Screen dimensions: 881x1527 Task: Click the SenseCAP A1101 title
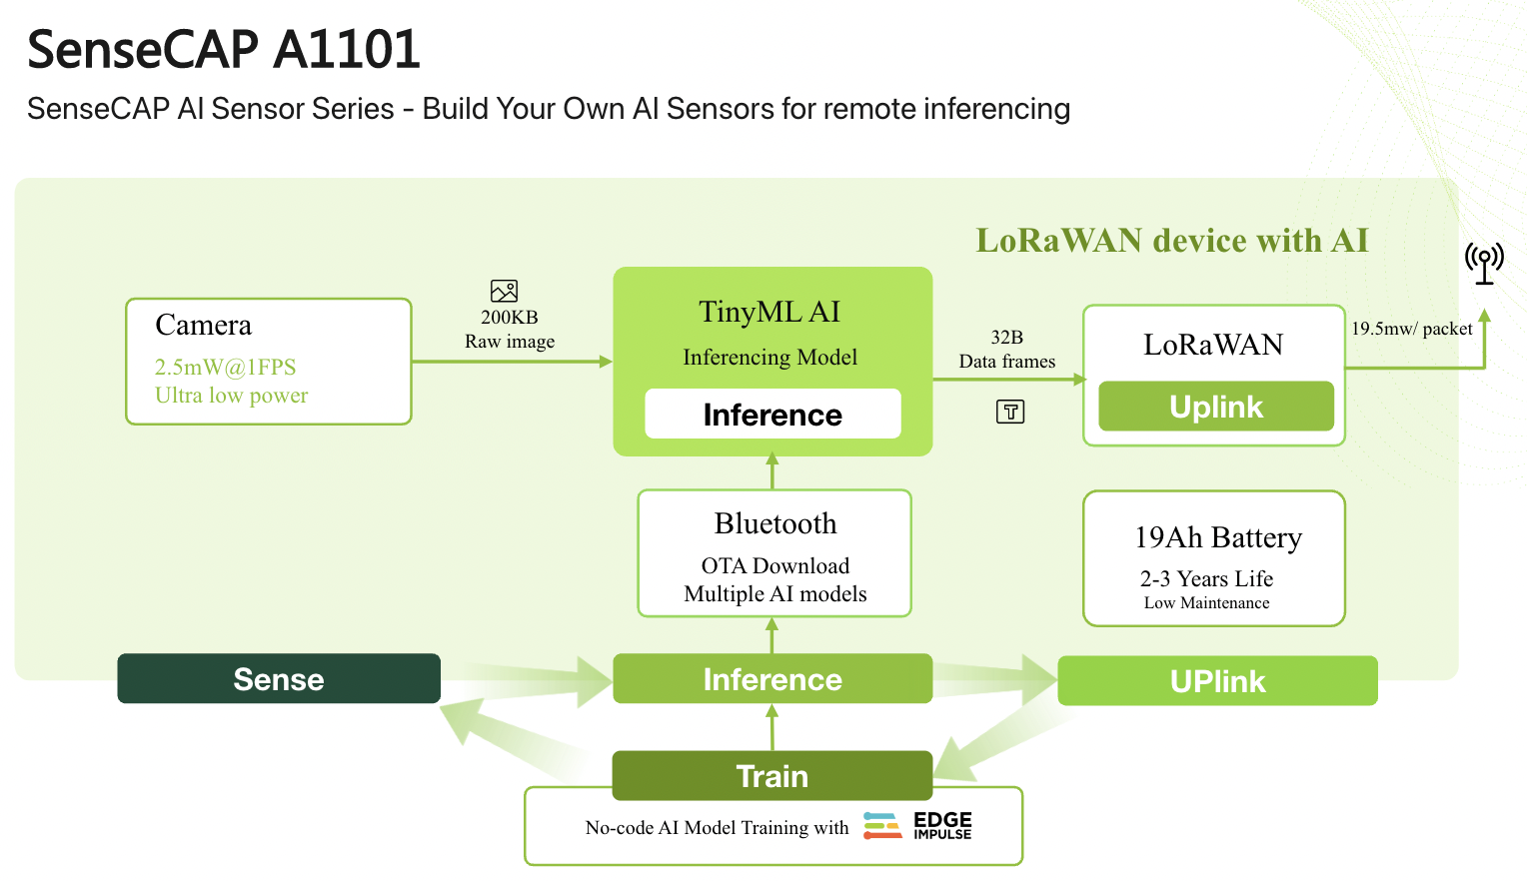pyautogui.click(x=224, y=50)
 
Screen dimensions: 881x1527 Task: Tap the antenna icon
pyautogui.click(x=1484, y=263)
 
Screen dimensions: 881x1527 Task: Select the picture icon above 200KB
pyautogui.click(x=504, y=291)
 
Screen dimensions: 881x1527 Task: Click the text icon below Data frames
pyautogui.click(x=1010, y=412)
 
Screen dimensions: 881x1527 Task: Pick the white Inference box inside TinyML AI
pyautogui.click(x=772, y=414)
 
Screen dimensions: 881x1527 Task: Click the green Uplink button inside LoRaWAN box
pyautogui.click(x=1216, y=407)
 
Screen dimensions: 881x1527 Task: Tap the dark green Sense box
pyautogui.click(x=279, y=679)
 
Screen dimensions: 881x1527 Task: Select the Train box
pyautogui.click(x=772, y=776)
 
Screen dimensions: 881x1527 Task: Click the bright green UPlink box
pyautogui.click(x=1217, y=681)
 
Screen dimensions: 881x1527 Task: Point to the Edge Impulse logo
pyautogui.click(x=917, y=826)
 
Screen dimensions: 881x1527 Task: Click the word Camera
pyautogui.click(x=204, y=325)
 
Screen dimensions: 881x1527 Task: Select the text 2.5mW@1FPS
pyautogui.click(x=225, y=367)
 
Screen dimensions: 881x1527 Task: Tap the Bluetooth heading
pyautogui.click(x=775, y=523)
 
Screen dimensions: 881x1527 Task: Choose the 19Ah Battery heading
pyautogui.click(x=1218, y=537)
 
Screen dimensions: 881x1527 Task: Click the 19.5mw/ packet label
pyautogui.click(x=1411, y=329)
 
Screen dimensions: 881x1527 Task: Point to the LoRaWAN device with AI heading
pyautogui.click(x=1171, y=241)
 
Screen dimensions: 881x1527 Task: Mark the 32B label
pyautogui.click(x=1006, y=338)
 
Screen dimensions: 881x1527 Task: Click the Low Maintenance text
pyautogui.click(x=1206, y=603)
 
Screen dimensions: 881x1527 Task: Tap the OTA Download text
pyautogui.click(x=775, y=566)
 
